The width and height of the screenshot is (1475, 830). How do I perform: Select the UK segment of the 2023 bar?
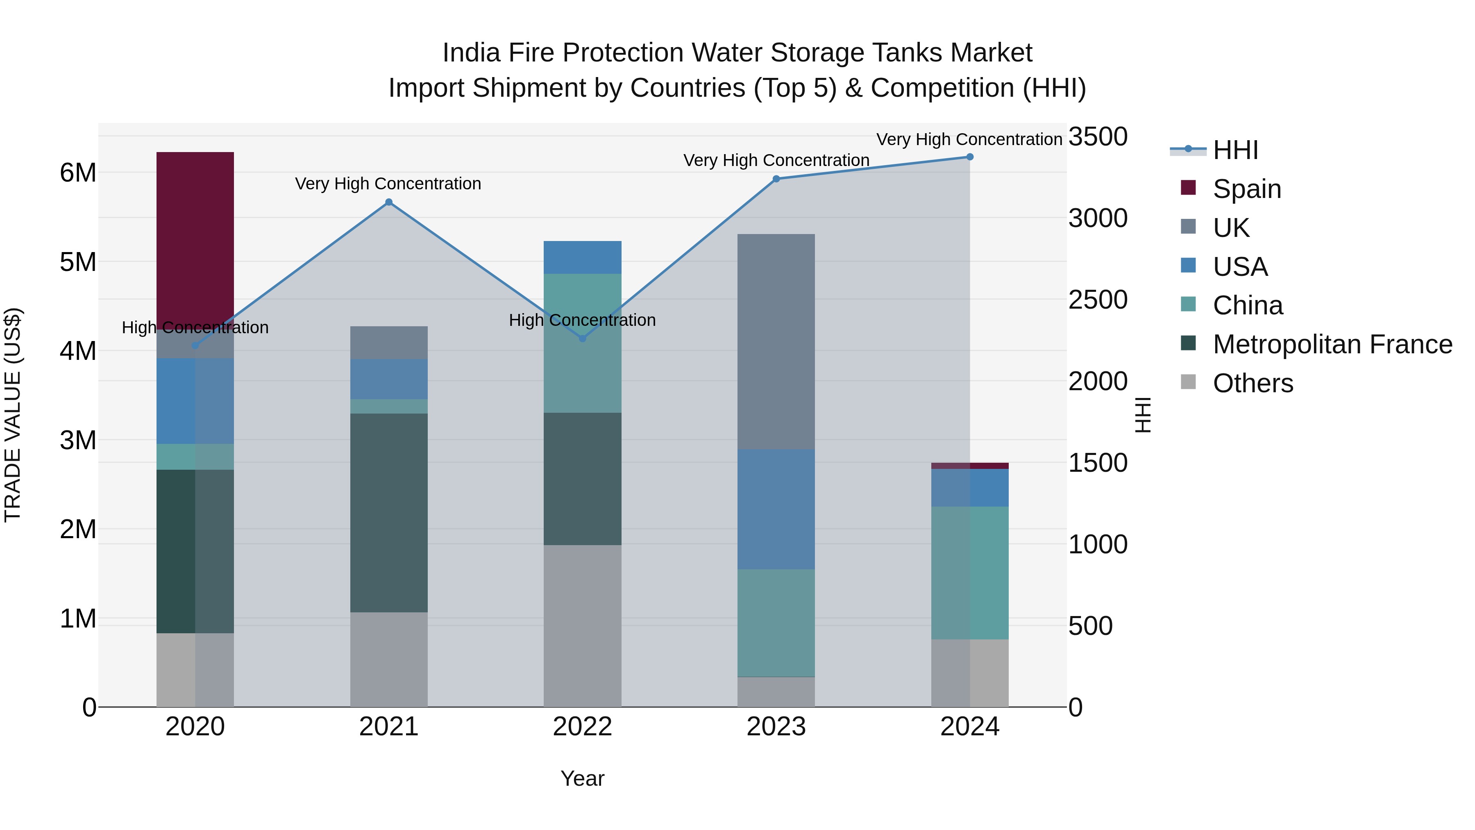coord(776,341)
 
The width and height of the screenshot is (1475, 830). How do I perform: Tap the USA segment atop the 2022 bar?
coord(582,257)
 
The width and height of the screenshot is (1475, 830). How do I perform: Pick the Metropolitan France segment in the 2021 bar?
coord(389,513)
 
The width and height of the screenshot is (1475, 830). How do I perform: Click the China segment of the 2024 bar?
coord(969,573)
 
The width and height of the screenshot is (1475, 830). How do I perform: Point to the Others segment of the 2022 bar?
coord(582,625)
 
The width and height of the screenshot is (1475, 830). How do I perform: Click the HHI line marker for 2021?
coord(389,202)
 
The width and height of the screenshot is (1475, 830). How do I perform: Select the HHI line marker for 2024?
coord(969,157)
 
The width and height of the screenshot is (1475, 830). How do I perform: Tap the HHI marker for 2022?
coord(582,339)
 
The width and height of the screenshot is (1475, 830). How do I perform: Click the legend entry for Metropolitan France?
coord(1332,344)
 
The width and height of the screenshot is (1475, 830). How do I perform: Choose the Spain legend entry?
coord(1246,189)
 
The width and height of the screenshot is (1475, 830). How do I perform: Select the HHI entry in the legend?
coord(1235,150)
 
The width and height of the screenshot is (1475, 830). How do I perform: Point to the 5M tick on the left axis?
coord(78,262)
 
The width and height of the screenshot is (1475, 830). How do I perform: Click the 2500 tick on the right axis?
coord(1098,300)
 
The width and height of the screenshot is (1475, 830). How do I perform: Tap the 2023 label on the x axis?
coord(776,727)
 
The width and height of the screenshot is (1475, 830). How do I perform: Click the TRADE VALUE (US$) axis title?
coord(13,415)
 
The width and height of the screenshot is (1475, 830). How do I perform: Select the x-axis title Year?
coord(582,778)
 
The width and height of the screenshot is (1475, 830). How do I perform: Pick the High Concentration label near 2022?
coord(582,320)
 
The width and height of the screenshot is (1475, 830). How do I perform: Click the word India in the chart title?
coord(470,53)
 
